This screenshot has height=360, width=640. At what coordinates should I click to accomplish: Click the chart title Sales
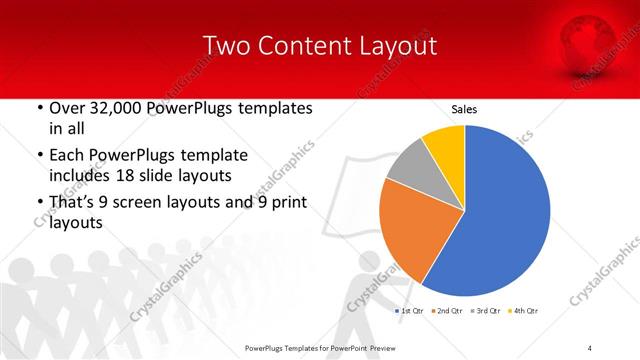pyautogui.click(x=464, y=109)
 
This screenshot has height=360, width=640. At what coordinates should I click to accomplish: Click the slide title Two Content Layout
pyautogui.click(x=319, y=46)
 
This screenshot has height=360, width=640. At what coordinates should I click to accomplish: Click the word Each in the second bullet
pyautogui.click(x=67, y=156)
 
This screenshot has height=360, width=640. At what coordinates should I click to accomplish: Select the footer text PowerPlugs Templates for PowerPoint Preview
pyautogui.click(x=319, y=348)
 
